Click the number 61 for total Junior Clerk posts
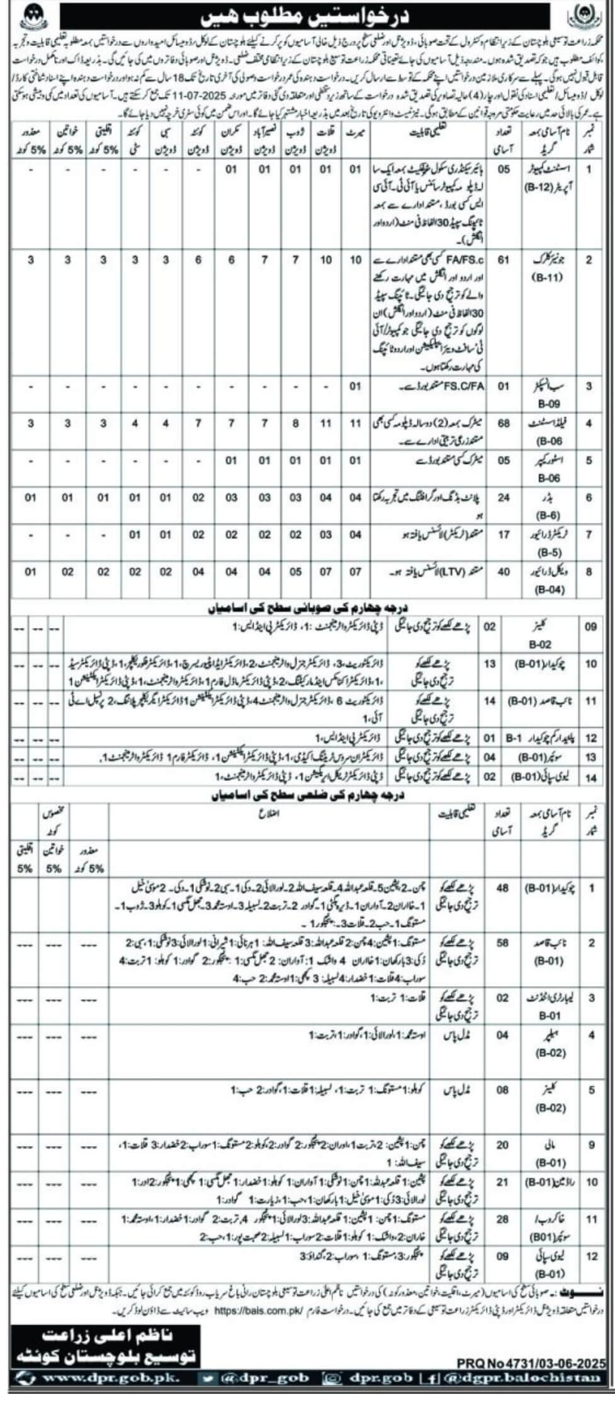coord(504,261)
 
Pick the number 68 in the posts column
coord(504,424)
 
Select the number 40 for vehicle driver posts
coord(504,572)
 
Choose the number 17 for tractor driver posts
coord(504,535)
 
